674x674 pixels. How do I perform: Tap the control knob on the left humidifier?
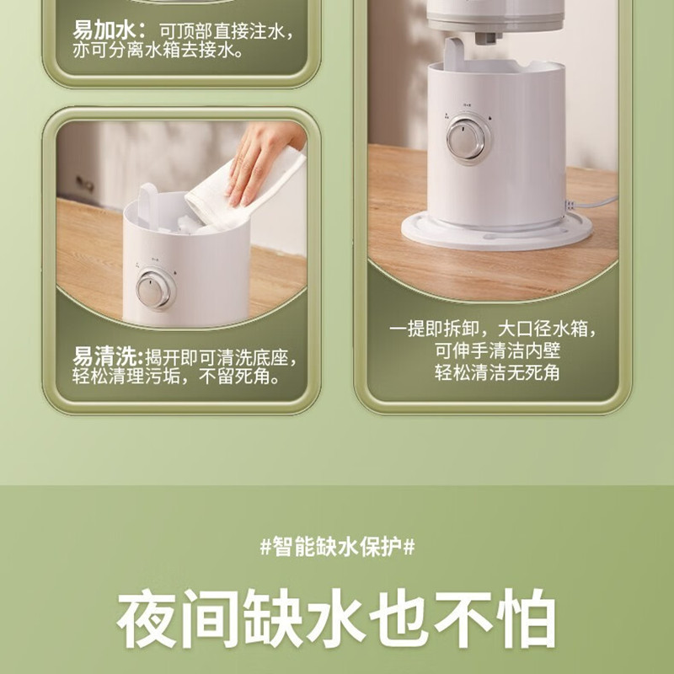pyautogui.click(x=155, y=289)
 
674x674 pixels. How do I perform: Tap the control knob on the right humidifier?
pyautogui.click(x=465, y=139)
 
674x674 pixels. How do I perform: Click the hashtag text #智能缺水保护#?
pyautogui.click(x=337, y=546)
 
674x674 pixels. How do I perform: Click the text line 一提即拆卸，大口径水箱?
pyautogui.click(x=496, y=329)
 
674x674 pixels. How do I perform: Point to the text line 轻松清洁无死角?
pyautogui.click(x=496, y=372)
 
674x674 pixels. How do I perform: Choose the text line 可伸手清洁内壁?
pyautogui.click(x=496, y=350)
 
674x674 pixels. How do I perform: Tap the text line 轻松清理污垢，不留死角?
pyautogui.click(x=177, y=377)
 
